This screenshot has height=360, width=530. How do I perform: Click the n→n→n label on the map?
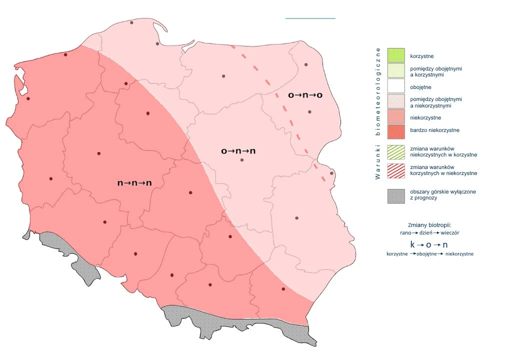[134, 183]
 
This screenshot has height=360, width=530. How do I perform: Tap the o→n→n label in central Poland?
[238, 150]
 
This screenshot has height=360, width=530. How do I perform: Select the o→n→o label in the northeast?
[304, 95]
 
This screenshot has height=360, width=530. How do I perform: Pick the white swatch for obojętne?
[396, 86]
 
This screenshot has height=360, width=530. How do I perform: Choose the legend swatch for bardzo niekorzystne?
[396, 130]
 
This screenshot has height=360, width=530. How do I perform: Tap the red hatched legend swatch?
[396, 170]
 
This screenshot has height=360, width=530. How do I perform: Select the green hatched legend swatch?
[396, 151]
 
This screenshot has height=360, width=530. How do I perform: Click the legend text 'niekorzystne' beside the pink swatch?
[425, 117]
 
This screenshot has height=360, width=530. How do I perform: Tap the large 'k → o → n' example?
[428, 244]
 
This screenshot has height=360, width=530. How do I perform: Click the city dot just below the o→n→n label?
[242, 160]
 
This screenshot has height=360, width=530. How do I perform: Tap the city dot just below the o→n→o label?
[309, 112]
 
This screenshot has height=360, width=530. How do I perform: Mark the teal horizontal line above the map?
[310, 18]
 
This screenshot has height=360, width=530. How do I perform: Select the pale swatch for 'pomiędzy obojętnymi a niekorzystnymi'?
[396, 102]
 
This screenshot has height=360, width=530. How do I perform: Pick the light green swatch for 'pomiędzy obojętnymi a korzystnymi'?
[396, 70]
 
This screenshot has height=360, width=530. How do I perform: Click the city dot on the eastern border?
[331, 173]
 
